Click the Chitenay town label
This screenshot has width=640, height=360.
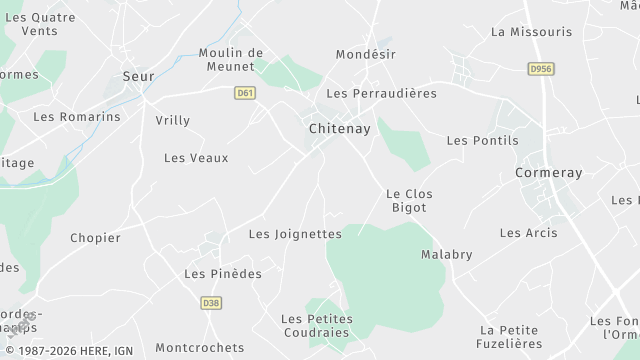click(x=339, y=129)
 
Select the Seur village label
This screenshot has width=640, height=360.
click(x=138, y=75)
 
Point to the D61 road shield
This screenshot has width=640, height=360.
click(x=244, y=92)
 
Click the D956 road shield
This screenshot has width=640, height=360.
click(x=540, y=69)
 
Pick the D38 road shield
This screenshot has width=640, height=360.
click(x=210, y=303)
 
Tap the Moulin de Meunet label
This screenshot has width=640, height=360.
click(x=230, y=60)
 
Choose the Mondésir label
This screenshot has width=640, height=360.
click(x=366, y=54)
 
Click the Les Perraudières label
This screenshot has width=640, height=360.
click(x=382, y=93)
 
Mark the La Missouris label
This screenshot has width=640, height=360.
click(x=531, y=32)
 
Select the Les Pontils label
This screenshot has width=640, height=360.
click(x=482, y=141)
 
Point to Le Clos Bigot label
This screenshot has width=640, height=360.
click(x=408, y=200)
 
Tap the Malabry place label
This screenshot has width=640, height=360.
click(x=446, y=254)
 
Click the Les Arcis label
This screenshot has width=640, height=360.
click(x=528, y=233)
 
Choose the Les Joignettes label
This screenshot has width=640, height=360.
click(x=295, y=234)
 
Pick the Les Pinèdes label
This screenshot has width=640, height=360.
click(x=223, y=273)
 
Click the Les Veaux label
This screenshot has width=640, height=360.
click(x=196, y=158)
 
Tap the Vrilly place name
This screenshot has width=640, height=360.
click(x=172, y=121)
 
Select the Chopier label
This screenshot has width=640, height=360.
click(x=95, y=238)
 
